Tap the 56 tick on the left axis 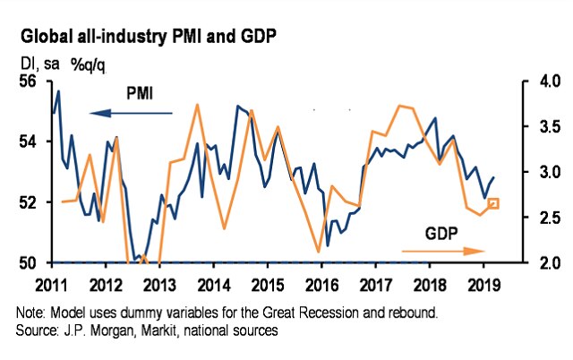[30, 81]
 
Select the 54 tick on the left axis [30, 141]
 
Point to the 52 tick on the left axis [30, 202]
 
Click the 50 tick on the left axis [30, 262]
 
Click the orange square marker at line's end [493, 204]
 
